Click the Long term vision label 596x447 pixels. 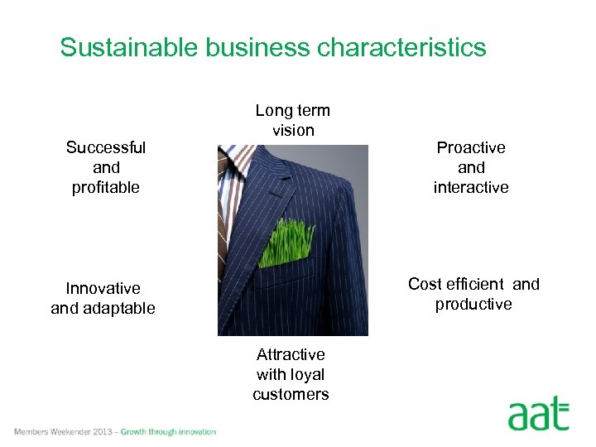click(292, 120)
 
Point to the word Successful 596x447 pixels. click(106, 147)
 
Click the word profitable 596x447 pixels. click(106, 187)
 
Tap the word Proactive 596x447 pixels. click(471, 147)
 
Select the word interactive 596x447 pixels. click(471, 187)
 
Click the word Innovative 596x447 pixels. click(103, 288)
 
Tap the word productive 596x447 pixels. click(473, 304)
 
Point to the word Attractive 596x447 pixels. click(291, 354)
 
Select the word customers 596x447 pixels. click(291, 394)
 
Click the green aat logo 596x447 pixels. click(538, 413)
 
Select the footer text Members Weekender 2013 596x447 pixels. click(61, 431)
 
